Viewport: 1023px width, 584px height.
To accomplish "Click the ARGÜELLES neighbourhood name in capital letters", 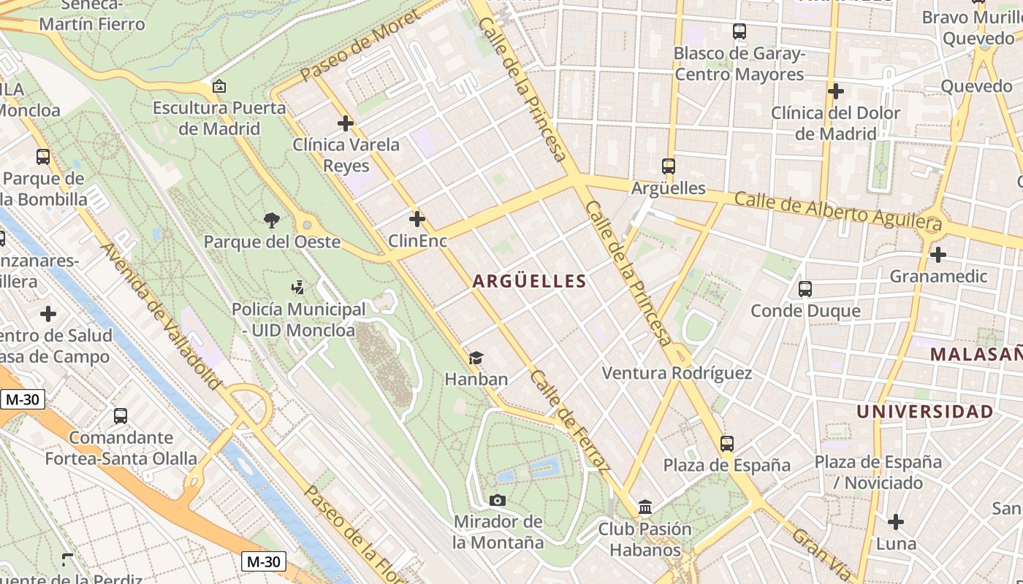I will [x=529, y=281].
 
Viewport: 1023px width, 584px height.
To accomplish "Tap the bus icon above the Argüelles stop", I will [x=668, y=166].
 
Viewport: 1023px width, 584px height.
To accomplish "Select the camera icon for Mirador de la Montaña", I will [x=498, y=500].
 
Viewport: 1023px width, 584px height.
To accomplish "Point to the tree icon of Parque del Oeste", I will [x=272, y=220].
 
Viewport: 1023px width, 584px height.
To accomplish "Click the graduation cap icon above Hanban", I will [x=476, y=358].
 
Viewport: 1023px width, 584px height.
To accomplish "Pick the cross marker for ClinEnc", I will [x=417, y=218].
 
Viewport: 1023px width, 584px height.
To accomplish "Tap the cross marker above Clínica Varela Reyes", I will [x=346, y=123].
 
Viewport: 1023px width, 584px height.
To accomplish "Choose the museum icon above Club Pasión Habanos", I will [x=645, y=507].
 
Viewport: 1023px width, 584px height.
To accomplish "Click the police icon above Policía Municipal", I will [x=297, y=288].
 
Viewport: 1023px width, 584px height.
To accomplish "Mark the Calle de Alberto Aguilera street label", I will [x=838, y=210].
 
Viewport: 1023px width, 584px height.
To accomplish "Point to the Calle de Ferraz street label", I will [x=570, y=420].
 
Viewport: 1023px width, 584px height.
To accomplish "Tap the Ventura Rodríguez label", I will [x=677, y=373].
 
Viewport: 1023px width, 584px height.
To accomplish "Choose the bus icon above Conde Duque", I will [x=805, y=289].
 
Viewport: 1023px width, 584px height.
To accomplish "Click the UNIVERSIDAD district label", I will [x=924, y=412].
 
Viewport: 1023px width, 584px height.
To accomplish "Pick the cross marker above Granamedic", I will [x=938, y=255].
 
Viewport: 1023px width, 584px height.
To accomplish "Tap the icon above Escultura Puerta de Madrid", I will [x=218, y=87].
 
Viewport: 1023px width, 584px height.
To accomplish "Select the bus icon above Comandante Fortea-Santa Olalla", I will [x=121, y=416].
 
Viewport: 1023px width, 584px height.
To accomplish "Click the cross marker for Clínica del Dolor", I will [x=836, y=92].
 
